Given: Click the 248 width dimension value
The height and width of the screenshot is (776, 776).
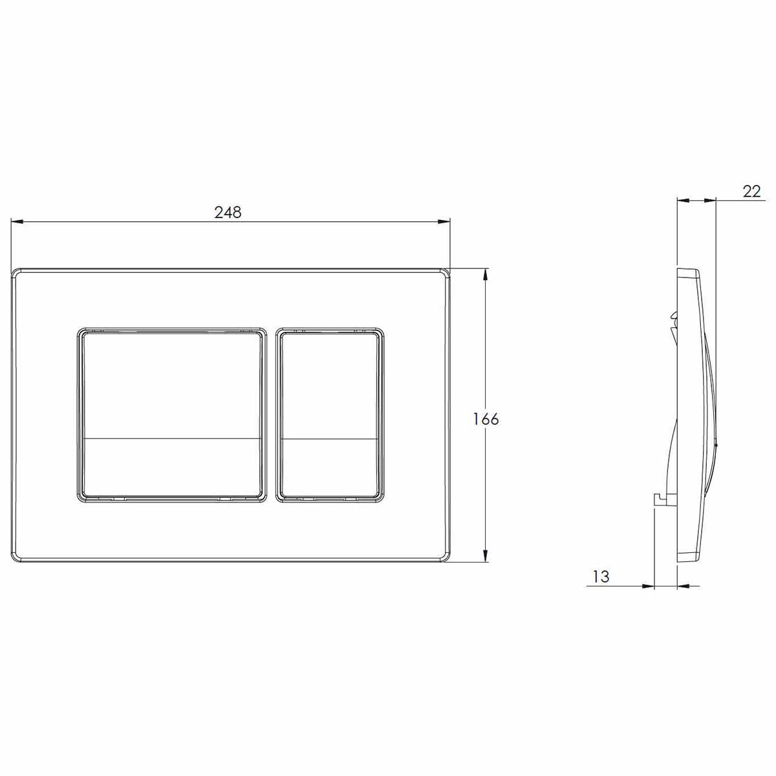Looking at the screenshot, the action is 228,212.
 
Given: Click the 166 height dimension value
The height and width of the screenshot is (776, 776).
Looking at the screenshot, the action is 485,419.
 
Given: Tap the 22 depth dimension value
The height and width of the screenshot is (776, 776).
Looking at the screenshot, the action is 751,191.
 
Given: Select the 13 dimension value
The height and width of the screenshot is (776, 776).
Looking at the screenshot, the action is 601,577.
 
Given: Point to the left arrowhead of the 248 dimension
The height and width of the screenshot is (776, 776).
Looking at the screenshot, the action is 17,221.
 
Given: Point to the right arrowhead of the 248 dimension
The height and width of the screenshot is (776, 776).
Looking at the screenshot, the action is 444,221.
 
